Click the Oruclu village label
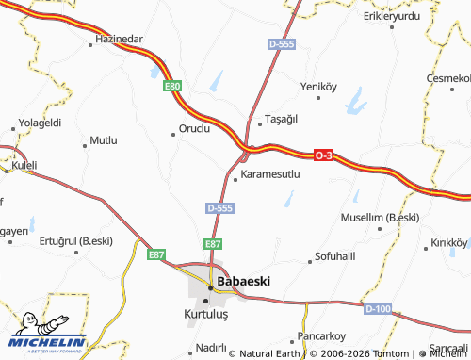[x=194, y=129]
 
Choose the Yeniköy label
[x=317, y=86]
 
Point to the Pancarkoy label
[x=322, y=335]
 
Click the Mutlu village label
[x=103, y=140]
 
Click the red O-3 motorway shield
[x=323, y=155]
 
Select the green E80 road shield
[x=172, y=87]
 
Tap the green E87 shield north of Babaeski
[x=214, y=243]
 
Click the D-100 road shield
[x=376, y=308]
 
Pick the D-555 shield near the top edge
[x=280, y=44]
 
